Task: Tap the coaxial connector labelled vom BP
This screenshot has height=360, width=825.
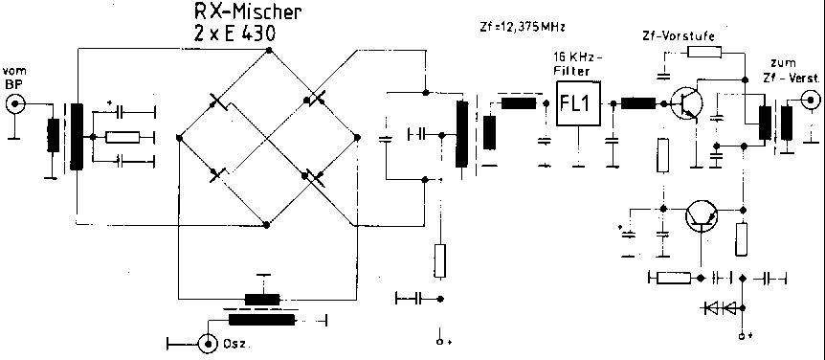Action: tap(15, 103)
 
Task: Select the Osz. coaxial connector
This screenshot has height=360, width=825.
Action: tap(209, 345)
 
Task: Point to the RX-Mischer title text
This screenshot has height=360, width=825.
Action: tap(248, 11)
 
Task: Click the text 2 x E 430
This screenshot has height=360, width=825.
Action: tap(234, 34)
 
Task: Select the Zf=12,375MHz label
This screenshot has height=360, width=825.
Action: tap(523, 28)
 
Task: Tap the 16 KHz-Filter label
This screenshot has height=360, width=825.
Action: tap(579, 64)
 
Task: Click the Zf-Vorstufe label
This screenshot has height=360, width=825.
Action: tap(679, 36)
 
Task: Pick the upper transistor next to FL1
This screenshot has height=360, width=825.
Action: tap(686, 103)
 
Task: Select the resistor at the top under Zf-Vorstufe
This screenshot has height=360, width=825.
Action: tap(704, 52)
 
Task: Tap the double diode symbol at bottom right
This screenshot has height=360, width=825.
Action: tap(721, 308)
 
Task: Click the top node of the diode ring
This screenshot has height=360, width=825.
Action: tap(269, 50)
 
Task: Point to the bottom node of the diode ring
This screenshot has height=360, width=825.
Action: tap(267, 225)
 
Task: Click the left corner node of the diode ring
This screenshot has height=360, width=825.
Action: tap(179, 138)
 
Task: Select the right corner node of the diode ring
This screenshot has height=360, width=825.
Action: tap(357, 137)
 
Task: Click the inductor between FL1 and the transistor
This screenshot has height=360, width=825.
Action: tap(638, 103)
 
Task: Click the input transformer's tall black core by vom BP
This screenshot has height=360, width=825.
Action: tap(77, 137)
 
